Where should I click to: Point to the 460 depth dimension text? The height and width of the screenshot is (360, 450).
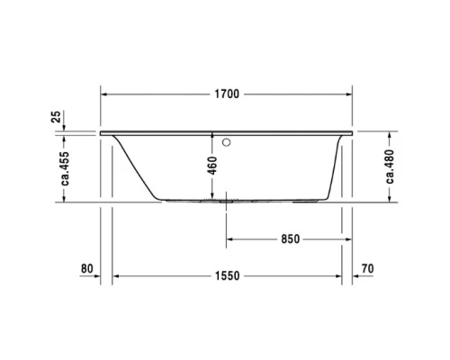tap(211, 166)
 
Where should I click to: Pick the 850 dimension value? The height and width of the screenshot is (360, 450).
tap(289, 239)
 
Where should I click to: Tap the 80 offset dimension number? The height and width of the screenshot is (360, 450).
tap(87, 268)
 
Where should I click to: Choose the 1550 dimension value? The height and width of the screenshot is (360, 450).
tap(225, 276)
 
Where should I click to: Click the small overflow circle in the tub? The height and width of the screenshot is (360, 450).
tap(225, 140)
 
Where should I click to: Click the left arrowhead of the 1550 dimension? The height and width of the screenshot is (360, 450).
tap(115, 276)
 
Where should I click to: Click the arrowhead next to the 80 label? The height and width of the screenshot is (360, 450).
tap(105, 276)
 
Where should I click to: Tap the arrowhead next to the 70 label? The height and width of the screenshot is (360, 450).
tap(351, 276)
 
